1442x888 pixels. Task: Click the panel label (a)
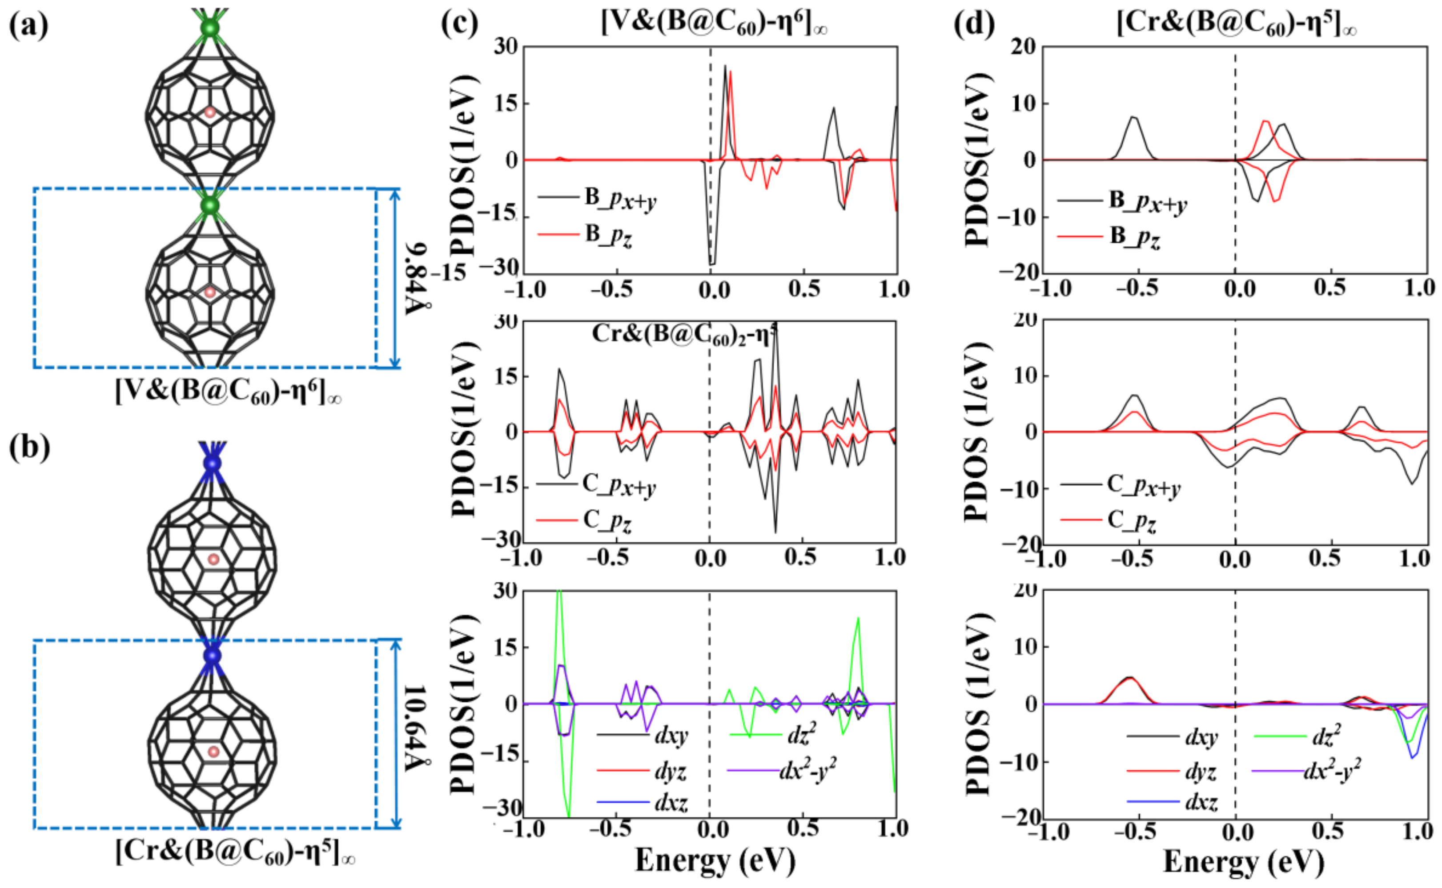[x=28, y=26]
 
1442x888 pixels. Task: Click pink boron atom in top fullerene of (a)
[x=210, y=112]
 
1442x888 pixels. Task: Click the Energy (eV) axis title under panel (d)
[x=1243, y=862]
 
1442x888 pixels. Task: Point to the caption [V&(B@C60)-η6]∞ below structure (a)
[x=228, y=391]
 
